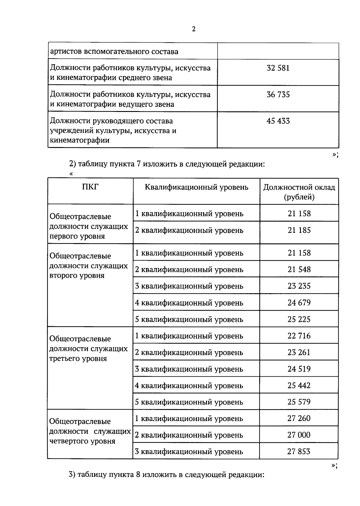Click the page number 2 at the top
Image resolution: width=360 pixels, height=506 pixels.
(x=194, y=29)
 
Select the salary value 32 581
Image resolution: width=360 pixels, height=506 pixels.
(x=278, y=68)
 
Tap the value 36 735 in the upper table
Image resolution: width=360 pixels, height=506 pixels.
(x=278, y=95)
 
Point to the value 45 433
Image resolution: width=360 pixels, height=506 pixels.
(x=278, y=121)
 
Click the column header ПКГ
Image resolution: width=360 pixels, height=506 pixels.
(x=90, y=187)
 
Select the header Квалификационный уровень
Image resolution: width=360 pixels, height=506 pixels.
(x=196, y=187)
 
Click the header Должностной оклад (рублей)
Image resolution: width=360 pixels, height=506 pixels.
(x=299, y=192)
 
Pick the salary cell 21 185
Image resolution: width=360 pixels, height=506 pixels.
(x=299, y=230)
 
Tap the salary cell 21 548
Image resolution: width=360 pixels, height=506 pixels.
(x=299, y=270)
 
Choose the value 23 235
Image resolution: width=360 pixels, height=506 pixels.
(x=299, y=286)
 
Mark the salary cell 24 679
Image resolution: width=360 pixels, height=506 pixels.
(x=299, y=303)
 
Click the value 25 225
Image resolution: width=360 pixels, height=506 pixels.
(x=299, y=319)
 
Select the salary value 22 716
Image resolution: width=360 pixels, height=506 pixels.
(x=299, y=336)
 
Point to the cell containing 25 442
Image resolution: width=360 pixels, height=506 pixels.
(x=299, y=385)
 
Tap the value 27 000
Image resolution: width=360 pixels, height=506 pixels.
(x=299, y=435)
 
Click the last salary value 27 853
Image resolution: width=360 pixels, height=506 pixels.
(x=299, y=451)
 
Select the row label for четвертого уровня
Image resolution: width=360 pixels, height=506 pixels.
(x=90, y=431)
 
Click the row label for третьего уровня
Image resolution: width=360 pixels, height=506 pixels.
(x=88, y=349)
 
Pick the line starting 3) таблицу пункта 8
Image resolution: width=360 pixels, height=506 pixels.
(x=166, y=475)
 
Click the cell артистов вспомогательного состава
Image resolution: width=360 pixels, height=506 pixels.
(x=114, y=52)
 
